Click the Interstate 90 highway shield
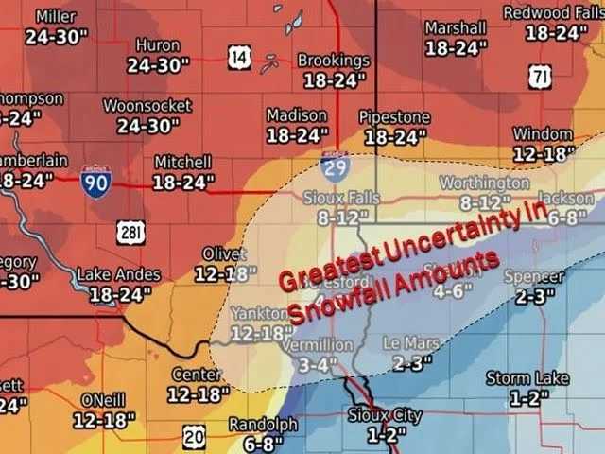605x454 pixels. coord(95,181)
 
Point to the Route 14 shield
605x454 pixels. coord(240,59)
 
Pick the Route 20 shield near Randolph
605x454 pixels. coord(194,436)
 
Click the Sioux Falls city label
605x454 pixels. coord(341,198)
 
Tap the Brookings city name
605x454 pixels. coord(333,61)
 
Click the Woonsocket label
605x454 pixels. coord(147,106)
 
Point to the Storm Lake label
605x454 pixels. coord(527,378)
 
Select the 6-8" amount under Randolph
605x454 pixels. coord(263,443)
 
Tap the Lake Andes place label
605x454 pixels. coord(119,274)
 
